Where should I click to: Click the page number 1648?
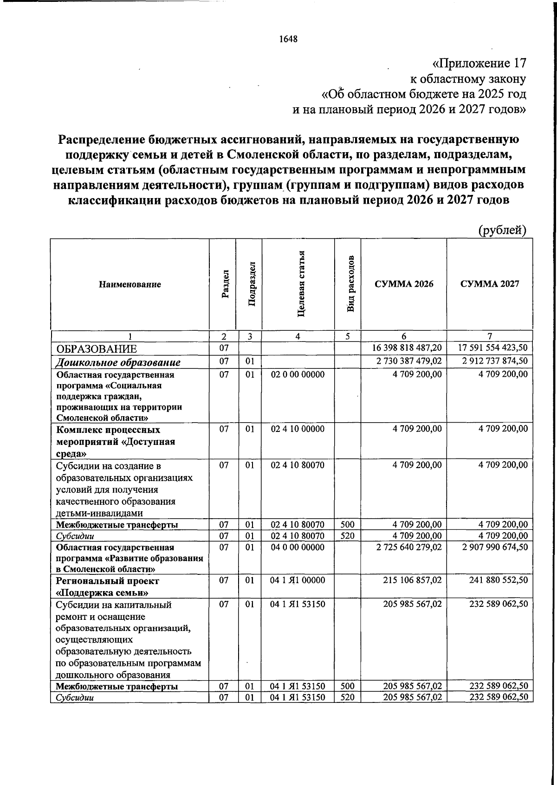point(288,39)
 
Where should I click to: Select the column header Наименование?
point(130,284)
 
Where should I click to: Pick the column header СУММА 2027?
point(490,283)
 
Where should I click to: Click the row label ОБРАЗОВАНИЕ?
point(97,349)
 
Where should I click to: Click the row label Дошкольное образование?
point(118,362)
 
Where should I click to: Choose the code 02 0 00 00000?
point(298,374)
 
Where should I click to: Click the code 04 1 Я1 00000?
point(298,580)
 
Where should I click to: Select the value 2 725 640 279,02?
point(408,547)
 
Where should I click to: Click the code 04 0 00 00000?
point(298,547)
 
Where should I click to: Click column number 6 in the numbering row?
point(404,336)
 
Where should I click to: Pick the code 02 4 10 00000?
point(298,429)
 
